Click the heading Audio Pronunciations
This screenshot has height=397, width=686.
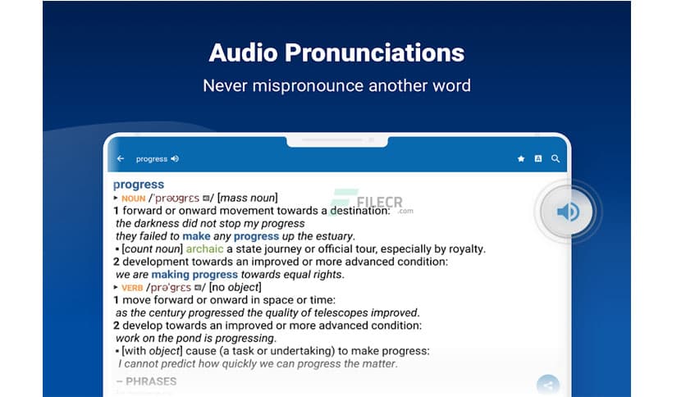(336, 53)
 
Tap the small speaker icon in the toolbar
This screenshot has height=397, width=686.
(175, 159)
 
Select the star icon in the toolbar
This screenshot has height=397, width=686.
(520, 159)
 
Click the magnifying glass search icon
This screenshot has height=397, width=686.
(556, 159)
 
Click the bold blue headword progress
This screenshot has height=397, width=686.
(139, 185)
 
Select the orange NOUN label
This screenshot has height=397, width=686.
(133, 198)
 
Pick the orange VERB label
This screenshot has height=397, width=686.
(132, 288)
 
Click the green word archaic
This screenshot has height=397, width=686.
(204, 249)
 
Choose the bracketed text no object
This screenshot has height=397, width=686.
(236, 287)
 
